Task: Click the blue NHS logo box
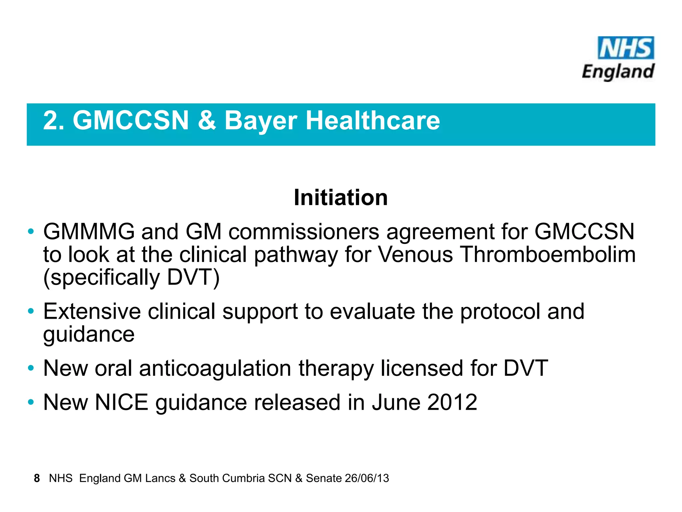626,48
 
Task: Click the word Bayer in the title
261,121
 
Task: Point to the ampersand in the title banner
207,120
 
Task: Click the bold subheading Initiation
341,198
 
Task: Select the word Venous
416,255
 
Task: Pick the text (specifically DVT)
132,278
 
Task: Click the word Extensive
92,312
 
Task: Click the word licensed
422,369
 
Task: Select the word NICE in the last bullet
122,402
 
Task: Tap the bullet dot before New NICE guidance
31,402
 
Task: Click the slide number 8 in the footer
37,478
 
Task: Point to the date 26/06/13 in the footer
367,478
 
